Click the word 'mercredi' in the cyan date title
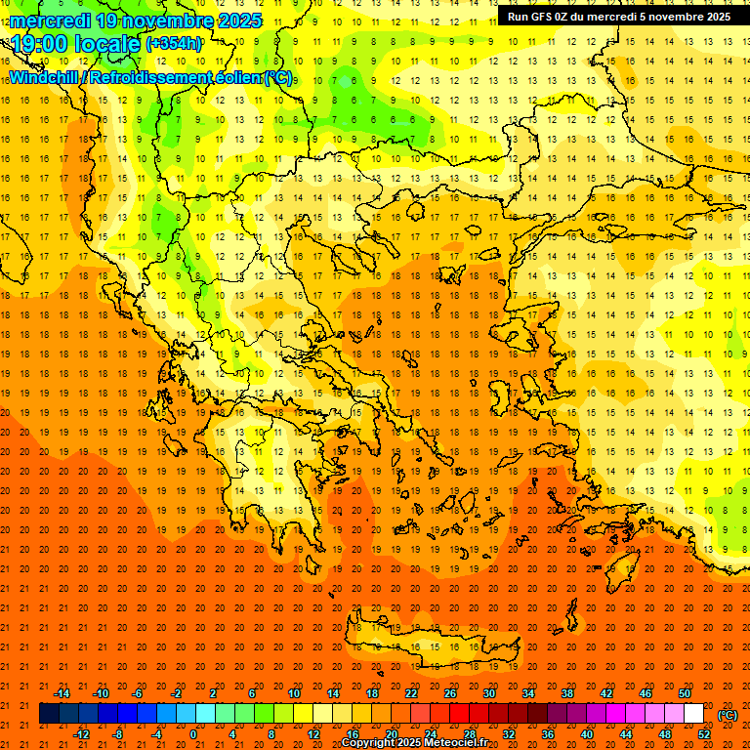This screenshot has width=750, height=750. point(50,21)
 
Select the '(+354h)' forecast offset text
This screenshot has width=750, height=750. point(174,43)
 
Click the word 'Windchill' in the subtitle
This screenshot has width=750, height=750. point(45,77)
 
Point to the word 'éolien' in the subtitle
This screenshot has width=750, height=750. point(234,77)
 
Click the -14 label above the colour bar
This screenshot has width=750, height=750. point(62,693)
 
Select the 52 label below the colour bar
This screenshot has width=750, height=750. point(704,733)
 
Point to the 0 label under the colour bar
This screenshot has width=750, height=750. point(193,733)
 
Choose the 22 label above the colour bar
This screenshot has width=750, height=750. point(411,693)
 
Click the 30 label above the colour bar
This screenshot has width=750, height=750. point(489,693)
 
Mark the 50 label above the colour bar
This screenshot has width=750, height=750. point(685,693)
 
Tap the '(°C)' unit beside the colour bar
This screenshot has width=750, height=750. point(728,715)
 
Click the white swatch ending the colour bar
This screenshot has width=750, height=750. point(694,714)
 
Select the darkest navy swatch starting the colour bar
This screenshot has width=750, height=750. point(49,714)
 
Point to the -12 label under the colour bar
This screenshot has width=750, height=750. point(81,733)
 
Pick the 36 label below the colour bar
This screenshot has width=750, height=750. point(548,733)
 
